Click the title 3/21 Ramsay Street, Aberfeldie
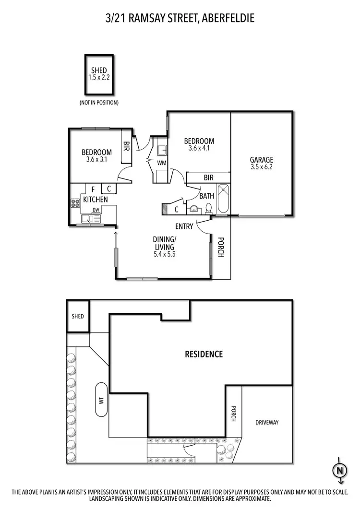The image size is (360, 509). point(180,19)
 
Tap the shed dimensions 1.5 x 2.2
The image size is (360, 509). point(100,77)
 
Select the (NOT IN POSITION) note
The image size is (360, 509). point(99,103)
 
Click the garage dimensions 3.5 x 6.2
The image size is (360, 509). point(261,167)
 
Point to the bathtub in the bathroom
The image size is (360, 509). point(223,199)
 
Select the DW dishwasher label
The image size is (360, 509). point(96,210)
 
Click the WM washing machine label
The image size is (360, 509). point(161,164)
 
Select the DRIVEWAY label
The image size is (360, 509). point(267,423)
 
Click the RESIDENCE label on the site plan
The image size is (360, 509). point(204,355)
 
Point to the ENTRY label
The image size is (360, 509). point(184,226)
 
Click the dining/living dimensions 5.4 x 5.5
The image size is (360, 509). point(164,254)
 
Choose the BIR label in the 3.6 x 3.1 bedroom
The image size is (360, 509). point(127,145)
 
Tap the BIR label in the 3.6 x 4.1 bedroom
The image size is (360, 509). point(208,178)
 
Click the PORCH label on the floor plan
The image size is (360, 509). point(221,248)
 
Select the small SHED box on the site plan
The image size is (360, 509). point(78,316)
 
